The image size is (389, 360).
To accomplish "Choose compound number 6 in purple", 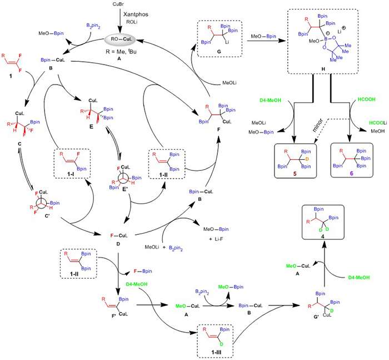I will pyautogui.click(x=346, y=169).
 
